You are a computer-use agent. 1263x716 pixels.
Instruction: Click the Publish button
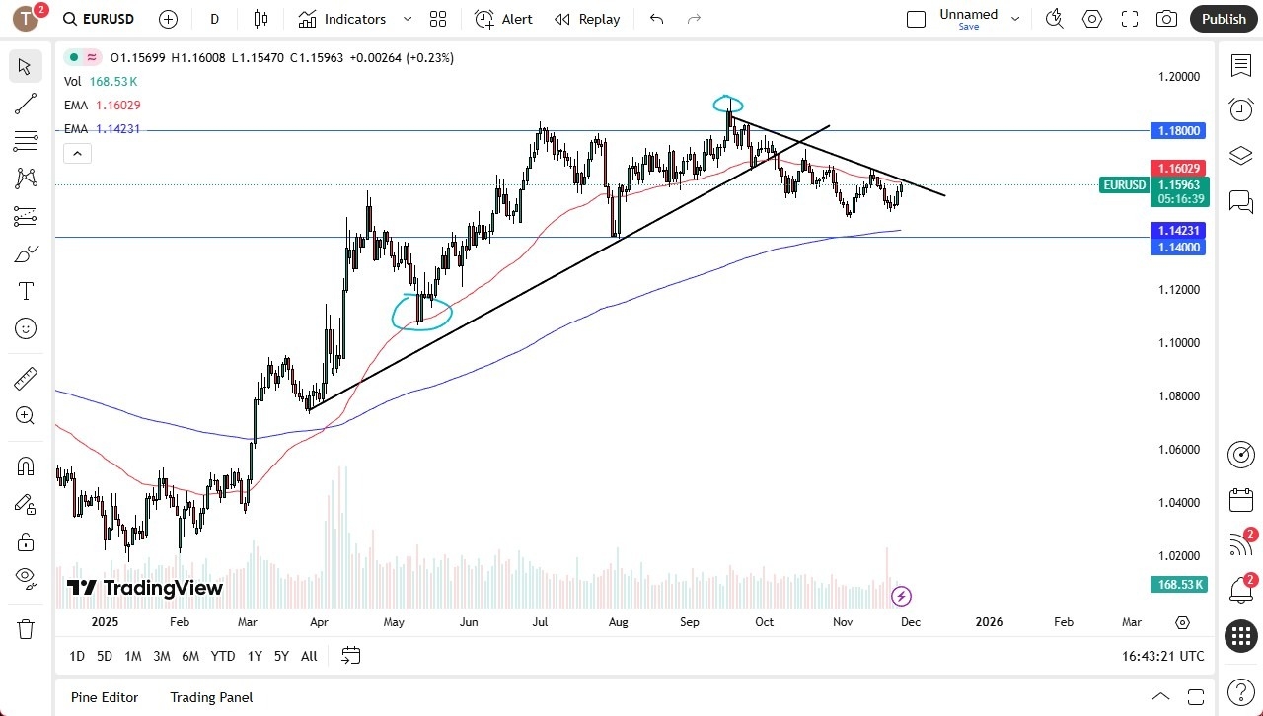click(x=1224, y=19)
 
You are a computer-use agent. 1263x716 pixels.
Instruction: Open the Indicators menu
click(x=342, y=19)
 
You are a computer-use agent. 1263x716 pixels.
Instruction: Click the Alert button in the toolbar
click(x=503, y=19)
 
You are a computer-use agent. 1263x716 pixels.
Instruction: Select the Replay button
click(x=587, y=19)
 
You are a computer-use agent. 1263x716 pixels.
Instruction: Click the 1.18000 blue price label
click(x=1177, y=130)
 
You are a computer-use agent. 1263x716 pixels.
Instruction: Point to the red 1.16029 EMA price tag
click(x=1177, y=169)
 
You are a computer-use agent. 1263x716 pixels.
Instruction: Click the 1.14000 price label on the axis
click(x=1177, y=247)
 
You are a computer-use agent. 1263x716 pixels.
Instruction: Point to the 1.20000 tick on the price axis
click(x=1178, y=77)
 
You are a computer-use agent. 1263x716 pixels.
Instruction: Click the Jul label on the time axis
click(x=540, y=622)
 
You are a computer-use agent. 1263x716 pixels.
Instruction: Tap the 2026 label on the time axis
click(x=989, y=622)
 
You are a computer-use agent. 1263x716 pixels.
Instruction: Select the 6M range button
click(x=190, y=656)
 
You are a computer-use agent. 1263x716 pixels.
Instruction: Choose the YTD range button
click(x=223, y=656)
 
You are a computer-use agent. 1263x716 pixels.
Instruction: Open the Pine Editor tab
click(x=105, y=697)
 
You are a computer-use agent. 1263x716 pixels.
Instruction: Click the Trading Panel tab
click(x=211, y=697)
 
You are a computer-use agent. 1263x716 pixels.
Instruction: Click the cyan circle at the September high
click(x=728, y=104)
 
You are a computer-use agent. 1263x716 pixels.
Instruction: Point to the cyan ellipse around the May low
click(x=422, y=312)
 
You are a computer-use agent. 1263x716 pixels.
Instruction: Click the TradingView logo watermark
click(x=145, y=589)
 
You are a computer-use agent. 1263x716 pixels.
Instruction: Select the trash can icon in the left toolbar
click(x=26, y=629)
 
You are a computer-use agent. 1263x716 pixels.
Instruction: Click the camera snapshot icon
click(x=1166, y=19)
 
